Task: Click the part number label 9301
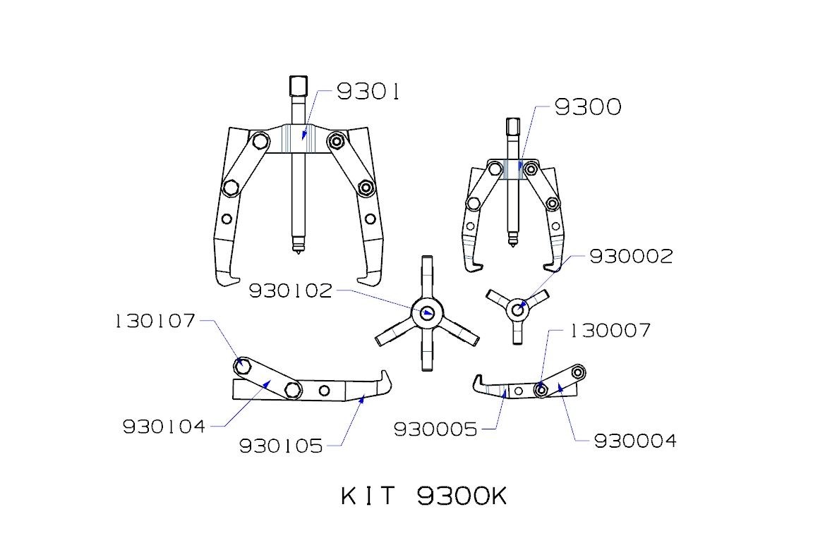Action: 368,92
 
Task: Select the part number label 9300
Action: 587,106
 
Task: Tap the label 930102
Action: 290,291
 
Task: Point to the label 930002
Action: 631,256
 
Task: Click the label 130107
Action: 155,321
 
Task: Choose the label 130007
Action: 610,331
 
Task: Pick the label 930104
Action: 164,427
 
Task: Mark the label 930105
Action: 281,446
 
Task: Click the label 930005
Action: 435,429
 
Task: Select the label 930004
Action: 635,441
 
